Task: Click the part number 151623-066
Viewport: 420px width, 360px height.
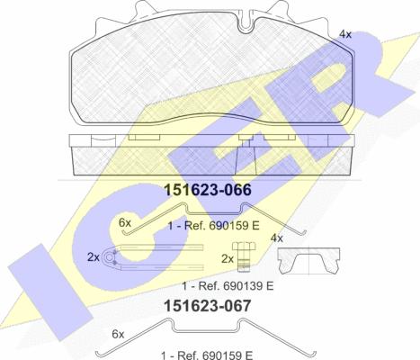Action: [208, 190]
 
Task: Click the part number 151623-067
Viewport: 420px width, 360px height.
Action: [208, 306]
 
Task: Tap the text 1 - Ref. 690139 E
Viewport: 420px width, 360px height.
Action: [228, 286]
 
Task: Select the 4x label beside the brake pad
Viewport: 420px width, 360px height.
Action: [345, 34]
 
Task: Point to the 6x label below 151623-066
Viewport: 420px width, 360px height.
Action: [125, 223]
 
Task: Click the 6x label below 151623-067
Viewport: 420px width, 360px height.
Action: [118, 334]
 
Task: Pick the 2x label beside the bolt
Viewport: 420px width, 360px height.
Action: [228, 259]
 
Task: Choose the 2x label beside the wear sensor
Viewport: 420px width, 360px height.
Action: [94, 257]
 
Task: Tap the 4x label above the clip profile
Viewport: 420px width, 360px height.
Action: [277, 238]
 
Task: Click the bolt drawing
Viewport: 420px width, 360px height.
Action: [244, 257]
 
